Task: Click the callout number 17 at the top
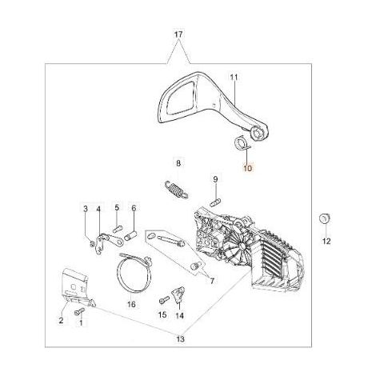[x=178, y=34]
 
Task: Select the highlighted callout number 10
[x=247, y=168]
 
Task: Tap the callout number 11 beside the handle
[x=234, y=78]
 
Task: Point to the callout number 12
[x=326, y=241]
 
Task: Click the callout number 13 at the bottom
[x=180, y=339]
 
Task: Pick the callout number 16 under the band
[x=131, y=304]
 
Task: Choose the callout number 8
[x=178, y=163]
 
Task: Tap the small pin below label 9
[x=215, y=202]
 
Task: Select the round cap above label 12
[x=325, y=218]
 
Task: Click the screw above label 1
[x=80, y=311]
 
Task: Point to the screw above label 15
[x=164, y=300]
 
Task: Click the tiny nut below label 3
[x=92, y=243]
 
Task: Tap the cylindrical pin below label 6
[x=130, y=236]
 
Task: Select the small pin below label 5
[x=118, y=229]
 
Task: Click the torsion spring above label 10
[x=242, y=143]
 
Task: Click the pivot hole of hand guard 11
[x=258, y=133]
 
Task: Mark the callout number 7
[x=212, y=281]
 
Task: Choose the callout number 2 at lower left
[x=61, y=320]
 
